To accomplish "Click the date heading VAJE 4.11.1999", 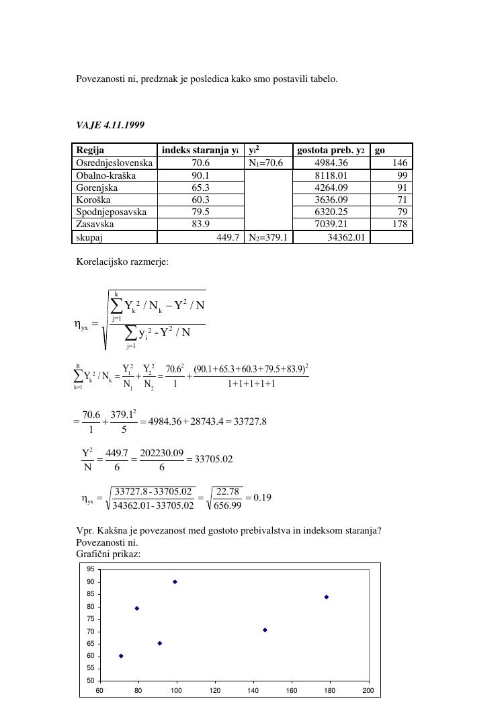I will (110, 125).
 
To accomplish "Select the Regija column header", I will (90, 151).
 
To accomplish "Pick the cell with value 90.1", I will (201, 175).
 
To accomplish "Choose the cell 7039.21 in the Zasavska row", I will (331, 224).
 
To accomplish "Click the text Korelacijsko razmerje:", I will (122, 261).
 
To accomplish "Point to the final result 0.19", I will (263, 498).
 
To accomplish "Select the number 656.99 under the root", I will (228, 505).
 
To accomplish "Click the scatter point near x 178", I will (327, 597).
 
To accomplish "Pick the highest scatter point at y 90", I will (175, 582).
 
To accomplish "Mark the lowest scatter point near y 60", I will (121, 656).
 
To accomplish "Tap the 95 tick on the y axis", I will (90, 569).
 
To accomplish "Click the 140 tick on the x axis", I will (253, 690).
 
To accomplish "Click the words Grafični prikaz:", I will (108, 554).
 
